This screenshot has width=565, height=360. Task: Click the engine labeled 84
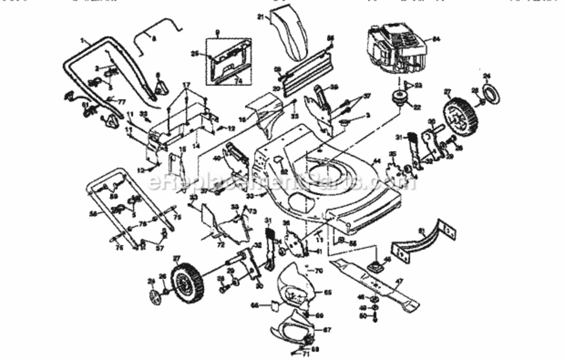(x=396, y=48)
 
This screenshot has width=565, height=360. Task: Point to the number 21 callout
(x=261, y=17)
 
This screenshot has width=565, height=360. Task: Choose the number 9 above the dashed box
(x=217, y=33)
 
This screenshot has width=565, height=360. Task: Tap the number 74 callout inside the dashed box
(x=238, y=81)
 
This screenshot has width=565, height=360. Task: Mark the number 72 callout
(x=220, y=245)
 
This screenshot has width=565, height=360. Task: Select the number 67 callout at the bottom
(x=327, y=330)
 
